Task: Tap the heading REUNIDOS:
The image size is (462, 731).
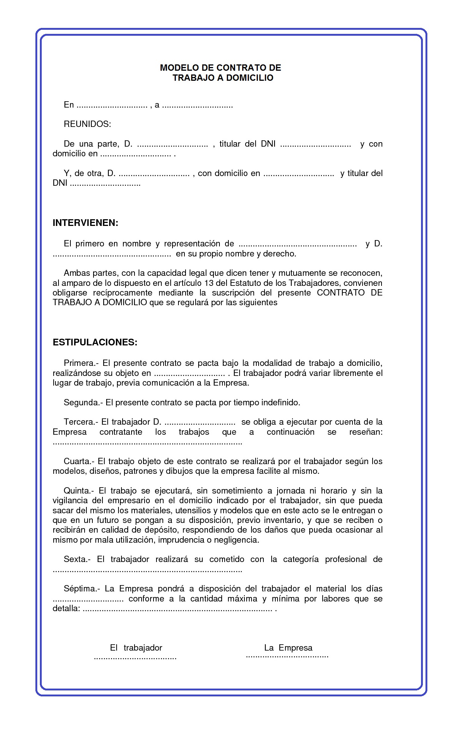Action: pyautogui.click(x=87, y=124)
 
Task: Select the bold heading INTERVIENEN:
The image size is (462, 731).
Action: pyautogui.click(x=85, y=223)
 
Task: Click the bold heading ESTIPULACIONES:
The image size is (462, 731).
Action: pyautogui.click(x=95, y=342)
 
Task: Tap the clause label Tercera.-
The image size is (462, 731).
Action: pyautogui.click(x=81, y=422)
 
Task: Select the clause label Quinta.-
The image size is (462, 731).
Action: pyautogui.click(x=79, y=491)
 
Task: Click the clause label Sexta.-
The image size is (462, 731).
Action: pyautogui.click(x=77, y=559)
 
